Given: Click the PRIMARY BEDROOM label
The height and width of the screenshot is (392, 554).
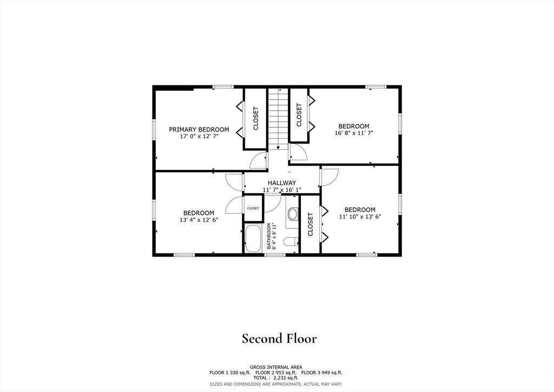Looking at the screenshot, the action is [199, 129].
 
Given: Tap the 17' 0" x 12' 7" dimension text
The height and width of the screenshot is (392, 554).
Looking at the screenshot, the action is [199, 136].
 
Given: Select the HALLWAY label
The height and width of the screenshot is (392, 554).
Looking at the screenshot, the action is [281, 183].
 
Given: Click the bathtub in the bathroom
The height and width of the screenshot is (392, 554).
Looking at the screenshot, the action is [253, 238].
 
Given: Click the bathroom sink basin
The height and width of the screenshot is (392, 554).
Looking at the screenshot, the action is [293, 214].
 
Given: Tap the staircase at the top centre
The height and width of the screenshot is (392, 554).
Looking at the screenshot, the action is [278, 119].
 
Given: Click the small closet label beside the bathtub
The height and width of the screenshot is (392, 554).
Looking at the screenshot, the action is [253, 208].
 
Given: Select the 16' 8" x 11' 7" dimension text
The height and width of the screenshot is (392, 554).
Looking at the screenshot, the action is [354, 133].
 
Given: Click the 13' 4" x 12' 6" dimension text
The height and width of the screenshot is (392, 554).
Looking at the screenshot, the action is [199, 220].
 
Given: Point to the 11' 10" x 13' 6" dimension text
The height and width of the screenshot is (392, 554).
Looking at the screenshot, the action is [360, 217].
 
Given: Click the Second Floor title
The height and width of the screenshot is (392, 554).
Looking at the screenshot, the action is [279, 338].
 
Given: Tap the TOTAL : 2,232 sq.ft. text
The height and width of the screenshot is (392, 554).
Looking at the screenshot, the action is [276, 378].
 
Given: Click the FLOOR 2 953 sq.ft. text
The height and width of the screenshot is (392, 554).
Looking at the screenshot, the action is [276, 373].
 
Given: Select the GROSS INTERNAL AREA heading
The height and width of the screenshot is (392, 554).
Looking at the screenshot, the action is [276, 367].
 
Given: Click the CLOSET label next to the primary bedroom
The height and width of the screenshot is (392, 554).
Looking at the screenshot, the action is [255, 119].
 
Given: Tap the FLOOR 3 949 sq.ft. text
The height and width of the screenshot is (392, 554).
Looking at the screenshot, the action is [322, 373].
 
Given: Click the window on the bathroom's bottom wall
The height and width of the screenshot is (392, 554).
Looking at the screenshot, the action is [275, 254].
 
